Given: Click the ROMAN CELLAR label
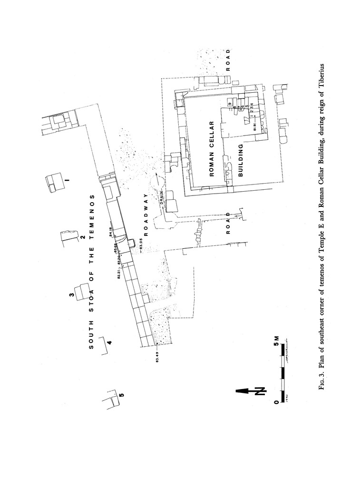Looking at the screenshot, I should click(x=212, y=149).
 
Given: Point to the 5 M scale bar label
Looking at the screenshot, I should click(x=276, y=341).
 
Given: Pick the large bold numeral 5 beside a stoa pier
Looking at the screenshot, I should click(x=122, y=394).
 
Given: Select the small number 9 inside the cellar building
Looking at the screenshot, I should click(x=229, y=104).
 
